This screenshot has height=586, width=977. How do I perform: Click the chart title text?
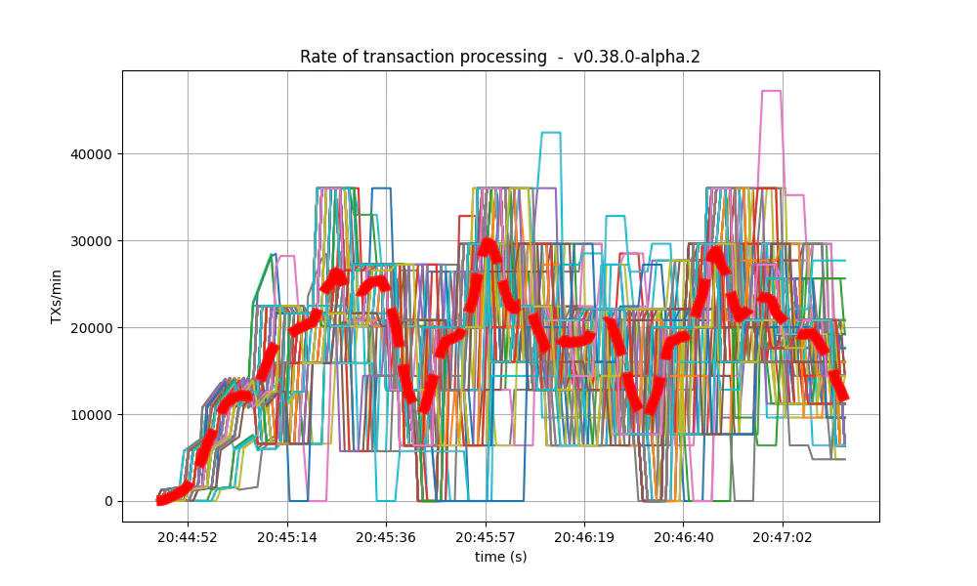point(499,57)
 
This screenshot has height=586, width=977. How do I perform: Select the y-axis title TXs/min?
point(57,296)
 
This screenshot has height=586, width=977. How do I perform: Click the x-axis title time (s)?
point(500,557)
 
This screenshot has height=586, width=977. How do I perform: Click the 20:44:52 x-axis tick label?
point(189,536)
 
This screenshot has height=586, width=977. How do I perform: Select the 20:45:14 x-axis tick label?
point(287,536)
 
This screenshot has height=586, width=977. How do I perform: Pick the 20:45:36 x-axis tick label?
point(386,536)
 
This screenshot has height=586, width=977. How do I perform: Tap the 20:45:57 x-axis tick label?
point(486,536)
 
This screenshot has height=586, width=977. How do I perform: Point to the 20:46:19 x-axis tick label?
point(584,536)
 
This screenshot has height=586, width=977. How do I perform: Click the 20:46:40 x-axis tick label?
point(683,536)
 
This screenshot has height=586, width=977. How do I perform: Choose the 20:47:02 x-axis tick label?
point(783,536)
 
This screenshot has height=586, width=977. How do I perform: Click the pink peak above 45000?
point(771,91)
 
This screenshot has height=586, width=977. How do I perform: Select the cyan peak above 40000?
point(551,133)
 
